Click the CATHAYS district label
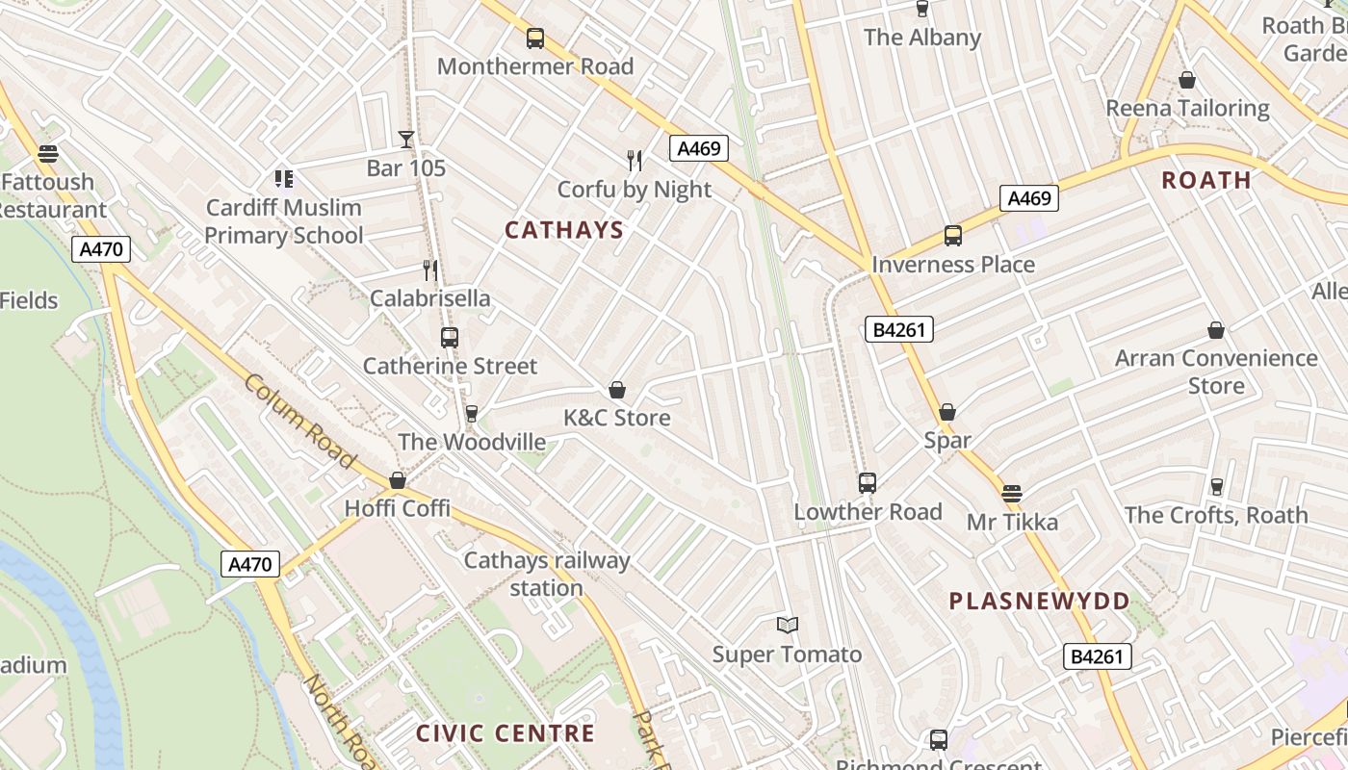point(564,230)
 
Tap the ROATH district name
point(1205,180)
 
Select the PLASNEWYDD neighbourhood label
point(1039,602)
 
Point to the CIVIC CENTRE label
point(505,733)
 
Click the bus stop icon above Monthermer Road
point(535,38)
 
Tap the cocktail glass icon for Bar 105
point(406,140)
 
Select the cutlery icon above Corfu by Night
point(634,161)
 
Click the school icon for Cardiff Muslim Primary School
point(283,178)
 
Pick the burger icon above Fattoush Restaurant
point(48,153)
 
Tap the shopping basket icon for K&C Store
point(617,390)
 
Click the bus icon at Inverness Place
point(952,236)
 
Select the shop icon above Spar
point(947,412)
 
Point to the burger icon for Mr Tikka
point(1011,494)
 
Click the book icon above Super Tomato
point(788,626)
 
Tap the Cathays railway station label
point(546,574)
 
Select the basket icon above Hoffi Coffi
point(398,480)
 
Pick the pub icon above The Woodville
point(471,414)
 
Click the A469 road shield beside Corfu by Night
point(698,148)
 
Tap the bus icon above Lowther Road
point(867,483)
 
